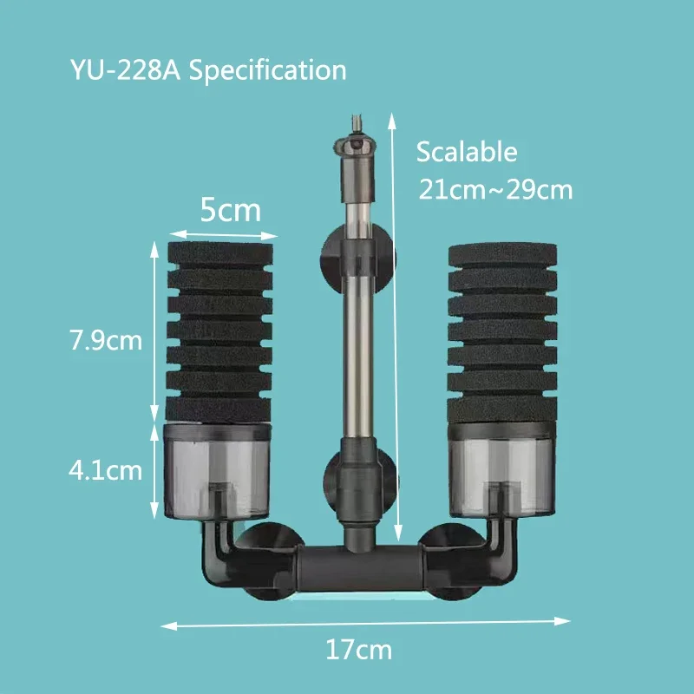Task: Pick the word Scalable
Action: tap(467, 153)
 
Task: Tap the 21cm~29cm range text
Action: tap(495, 189)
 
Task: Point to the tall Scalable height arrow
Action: tap(398, 330)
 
